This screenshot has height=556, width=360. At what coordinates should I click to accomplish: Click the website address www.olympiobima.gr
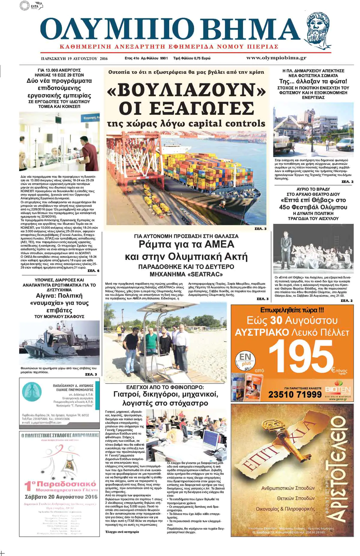pyautogui.click(x=276, y=58)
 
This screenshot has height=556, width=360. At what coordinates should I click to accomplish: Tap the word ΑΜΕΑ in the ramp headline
pyautogui.click(x=219, y=245)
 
